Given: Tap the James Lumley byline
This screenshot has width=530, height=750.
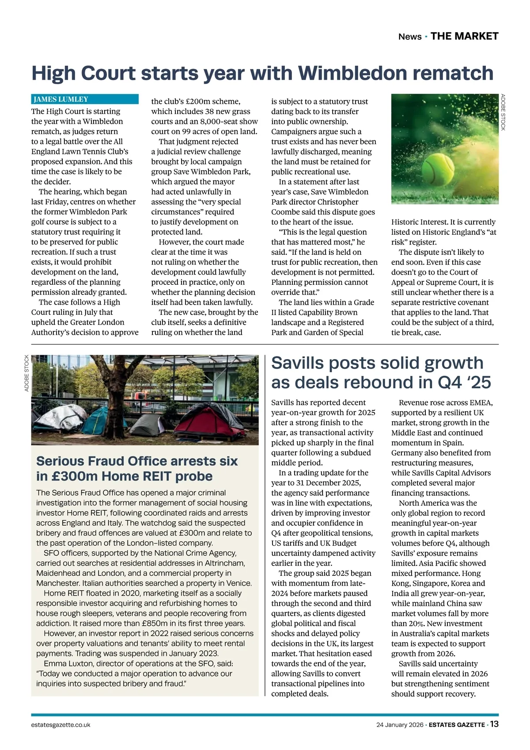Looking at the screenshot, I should pos(61,99).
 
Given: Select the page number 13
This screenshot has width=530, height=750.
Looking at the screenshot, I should pos(494,724).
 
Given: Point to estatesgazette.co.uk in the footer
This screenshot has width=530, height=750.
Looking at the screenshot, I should pos(61,725).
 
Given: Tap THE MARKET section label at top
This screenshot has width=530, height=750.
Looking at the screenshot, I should pos(464,36).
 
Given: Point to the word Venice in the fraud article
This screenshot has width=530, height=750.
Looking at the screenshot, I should pos(238,583).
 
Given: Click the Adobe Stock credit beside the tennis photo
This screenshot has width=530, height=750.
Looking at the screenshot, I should pos(503,112).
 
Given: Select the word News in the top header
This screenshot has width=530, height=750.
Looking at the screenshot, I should pos(410,37).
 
